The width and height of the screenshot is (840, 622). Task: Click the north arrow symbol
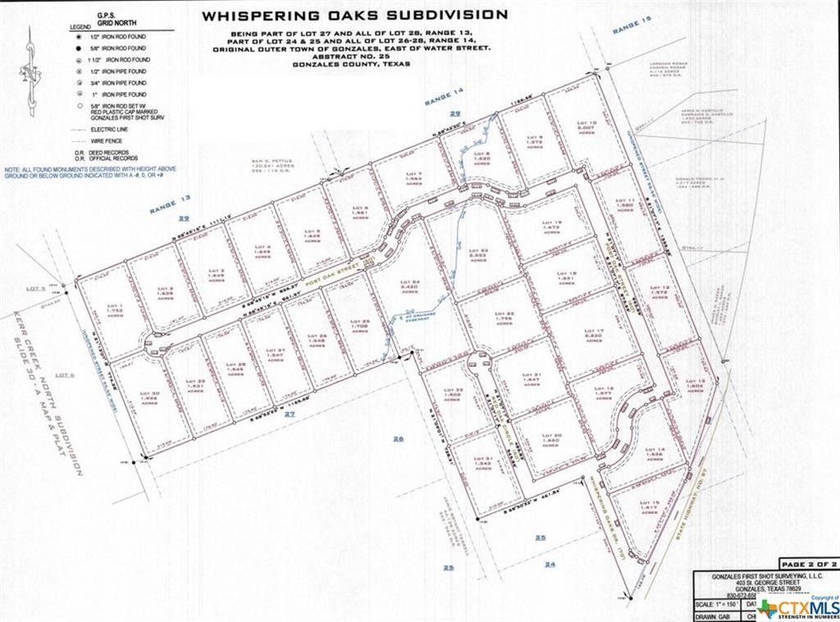point(30,70)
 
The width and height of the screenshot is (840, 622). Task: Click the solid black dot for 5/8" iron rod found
point(76,49)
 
